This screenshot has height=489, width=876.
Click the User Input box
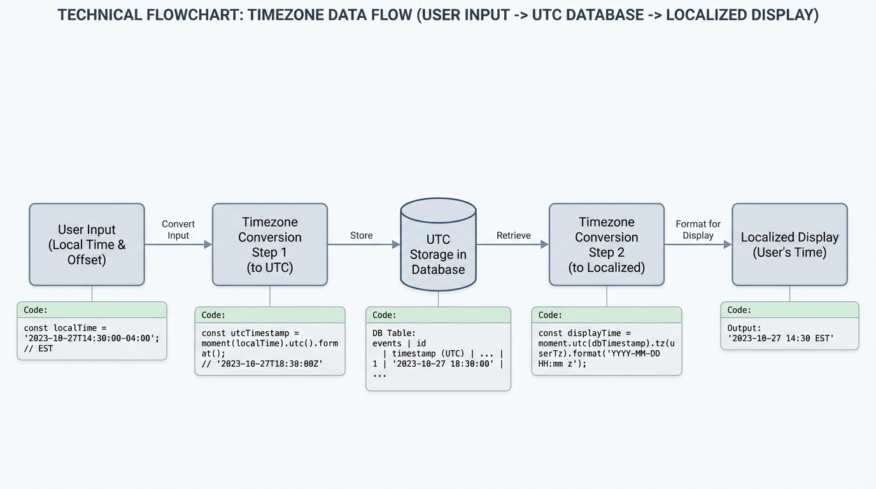87,244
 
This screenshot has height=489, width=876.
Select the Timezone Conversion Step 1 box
270,244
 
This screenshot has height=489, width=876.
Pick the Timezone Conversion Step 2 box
606,244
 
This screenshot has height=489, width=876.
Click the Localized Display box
789,244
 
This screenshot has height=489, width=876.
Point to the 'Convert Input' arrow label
178,230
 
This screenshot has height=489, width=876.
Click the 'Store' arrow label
361,236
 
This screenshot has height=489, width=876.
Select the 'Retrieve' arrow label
513,236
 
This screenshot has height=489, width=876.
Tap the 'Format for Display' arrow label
698,230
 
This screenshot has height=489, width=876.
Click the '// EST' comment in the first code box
38,349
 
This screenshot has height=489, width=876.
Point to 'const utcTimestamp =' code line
250,333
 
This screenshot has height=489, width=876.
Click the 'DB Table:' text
393,333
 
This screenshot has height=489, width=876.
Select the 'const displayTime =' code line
584,333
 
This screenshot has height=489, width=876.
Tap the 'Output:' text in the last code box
744,328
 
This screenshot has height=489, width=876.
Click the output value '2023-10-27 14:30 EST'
781,338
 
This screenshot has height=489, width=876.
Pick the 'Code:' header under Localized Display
739,310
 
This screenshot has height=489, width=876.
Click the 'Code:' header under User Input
36,310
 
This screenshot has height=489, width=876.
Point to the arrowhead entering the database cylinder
396,244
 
